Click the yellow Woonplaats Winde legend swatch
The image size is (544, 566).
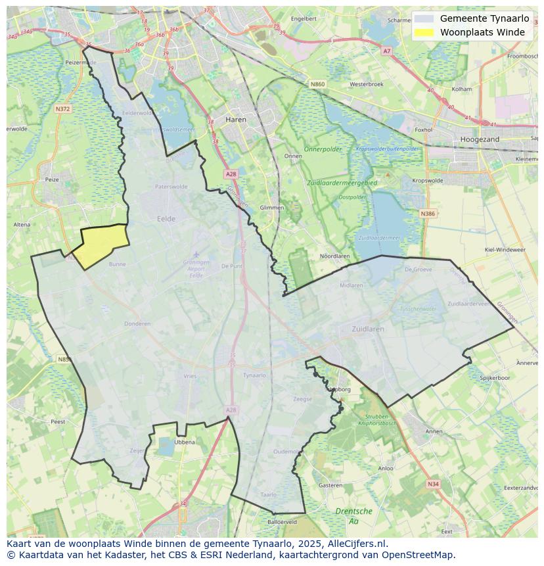click(x=424, y=32)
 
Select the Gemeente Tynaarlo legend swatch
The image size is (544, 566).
click(x=424, y=18)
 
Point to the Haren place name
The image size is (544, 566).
click(x=235, y=120)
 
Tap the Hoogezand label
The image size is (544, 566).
click(x=480, y=139)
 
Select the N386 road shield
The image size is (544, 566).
click(x=428, y=214)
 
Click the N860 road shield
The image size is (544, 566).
click(x=317, y=84)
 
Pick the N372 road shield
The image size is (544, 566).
click(x=62, y=108)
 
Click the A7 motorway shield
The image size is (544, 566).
click(x=386, y=51)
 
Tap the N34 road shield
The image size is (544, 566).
click(x=432, y=484)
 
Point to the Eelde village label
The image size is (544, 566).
click(x=166, y=219)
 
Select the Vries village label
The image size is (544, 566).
click(x=190, y=376)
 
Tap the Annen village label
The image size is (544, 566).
click(x=434, y=431)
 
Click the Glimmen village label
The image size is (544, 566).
click(x=272, y=207)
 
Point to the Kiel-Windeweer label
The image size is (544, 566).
click(x=505, y=250)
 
